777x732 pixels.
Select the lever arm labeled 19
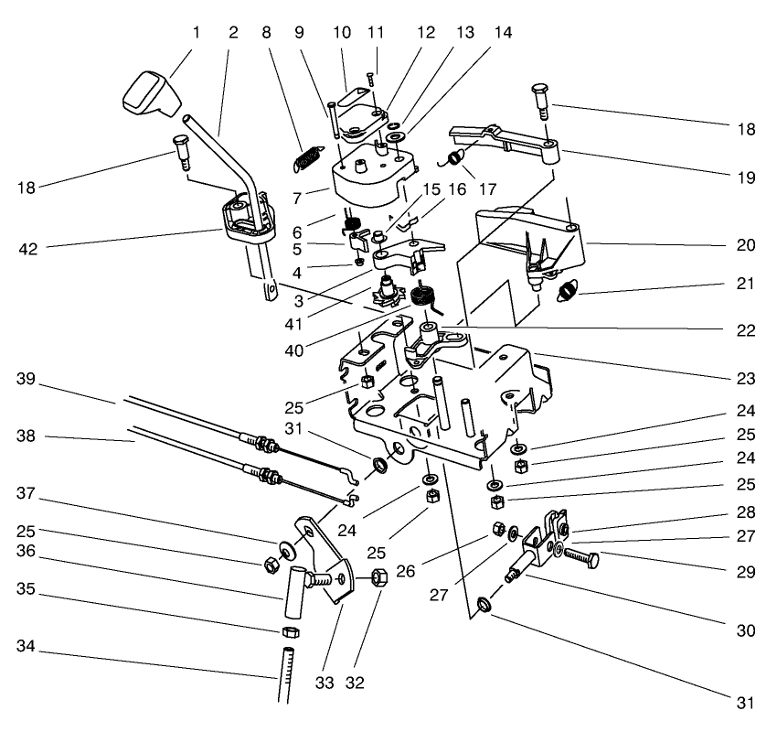[512, 143]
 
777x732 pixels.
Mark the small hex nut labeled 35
[287, 632]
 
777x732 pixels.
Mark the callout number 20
[747, 245]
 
